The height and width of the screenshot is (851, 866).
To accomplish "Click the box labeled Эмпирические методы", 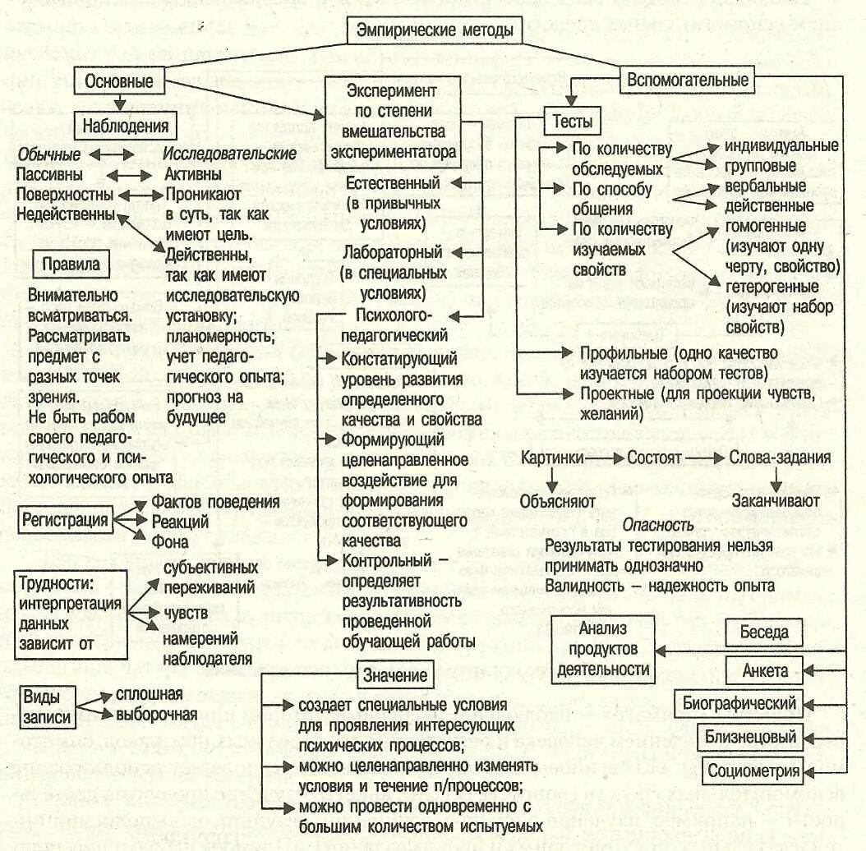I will (x=435, y=30).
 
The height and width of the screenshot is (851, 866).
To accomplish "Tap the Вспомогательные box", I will (x=688, y=80).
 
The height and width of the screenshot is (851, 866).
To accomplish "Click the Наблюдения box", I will (x=125, y=126).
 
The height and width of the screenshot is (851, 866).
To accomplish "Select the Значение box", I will (x=394, y=676).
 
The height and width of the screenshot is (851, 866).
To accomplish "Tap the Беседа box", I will (x=763, y=632).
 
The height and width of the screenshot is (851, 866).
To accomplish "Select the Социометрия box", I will (x=753, y=770).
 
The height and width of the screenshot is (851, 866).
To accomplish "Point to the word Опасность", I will (x=659, y=525).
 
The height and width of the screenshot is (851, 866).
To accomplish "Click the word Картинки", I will (x=554, y=458).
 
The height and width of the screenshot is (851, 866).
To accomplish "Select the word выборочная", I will (x=156, y=714).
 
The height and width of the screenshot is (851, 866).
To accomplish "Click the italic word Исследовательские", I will (x=229, y=154).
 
